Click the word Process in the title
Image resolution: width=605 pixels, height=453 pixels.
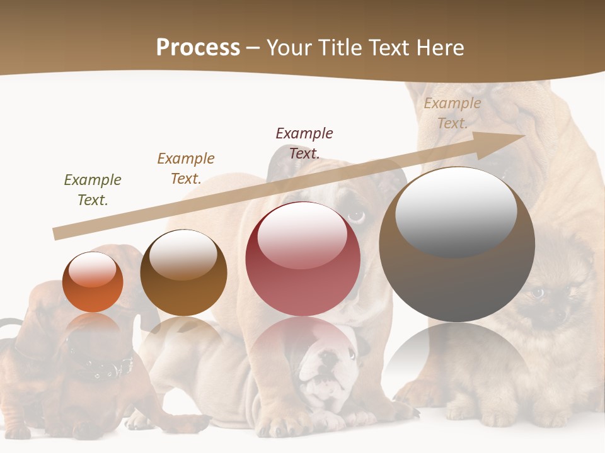point(198,48)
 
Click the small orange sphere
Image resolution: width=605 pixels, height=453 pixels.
point(93,282)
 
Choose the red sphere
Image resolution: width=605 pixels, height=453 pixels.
point(303,259)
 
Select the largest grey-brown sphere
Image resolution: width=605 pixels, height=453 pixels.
point(457,244)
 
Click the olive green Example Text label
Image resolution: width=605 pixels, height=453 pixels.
point(93,190)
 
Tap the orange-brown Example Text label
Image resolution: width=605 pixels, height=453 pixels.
point(186,169)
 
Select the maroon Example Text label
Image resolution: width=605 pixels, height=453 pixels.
point(304,143)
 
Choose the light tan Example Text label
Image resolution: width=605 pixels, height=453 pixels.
point(452,113)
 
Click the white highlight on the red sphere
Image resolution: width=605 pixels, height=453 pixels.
point(302,234)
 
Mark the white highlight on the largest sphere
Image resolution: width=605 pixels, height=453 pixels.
point(456,211)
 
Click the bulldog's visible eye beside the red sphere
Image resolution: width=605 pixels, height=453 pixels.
point(357,217)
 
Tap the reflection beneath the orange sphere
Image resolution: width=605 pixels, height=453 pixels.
point(93,327)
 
